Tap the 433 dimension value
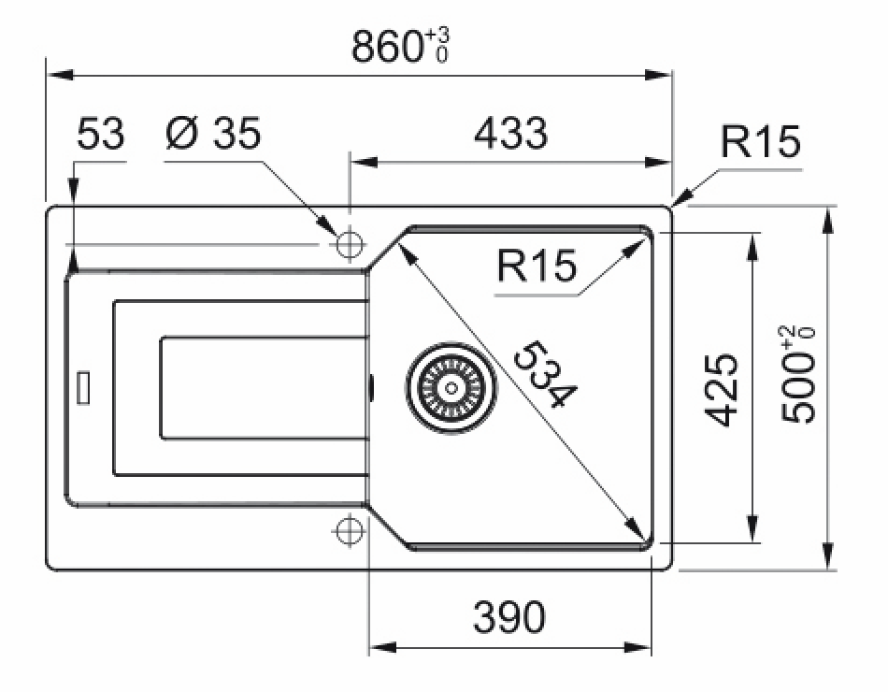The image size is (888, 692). [511, 134]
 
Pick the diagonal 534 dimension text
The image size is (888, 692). [544, 374]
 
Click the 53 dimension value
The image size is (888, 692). [99, 134]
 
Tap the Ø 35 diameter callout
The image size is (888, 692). [213, 134]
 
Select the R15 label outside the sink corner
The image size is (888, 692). [761, 143]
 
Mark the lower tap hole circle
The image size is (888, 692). [349, 529]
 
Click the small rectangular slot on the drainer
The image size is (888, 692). [83, 386]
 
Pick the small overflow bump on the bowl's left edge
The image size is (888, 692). [371, 385]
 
